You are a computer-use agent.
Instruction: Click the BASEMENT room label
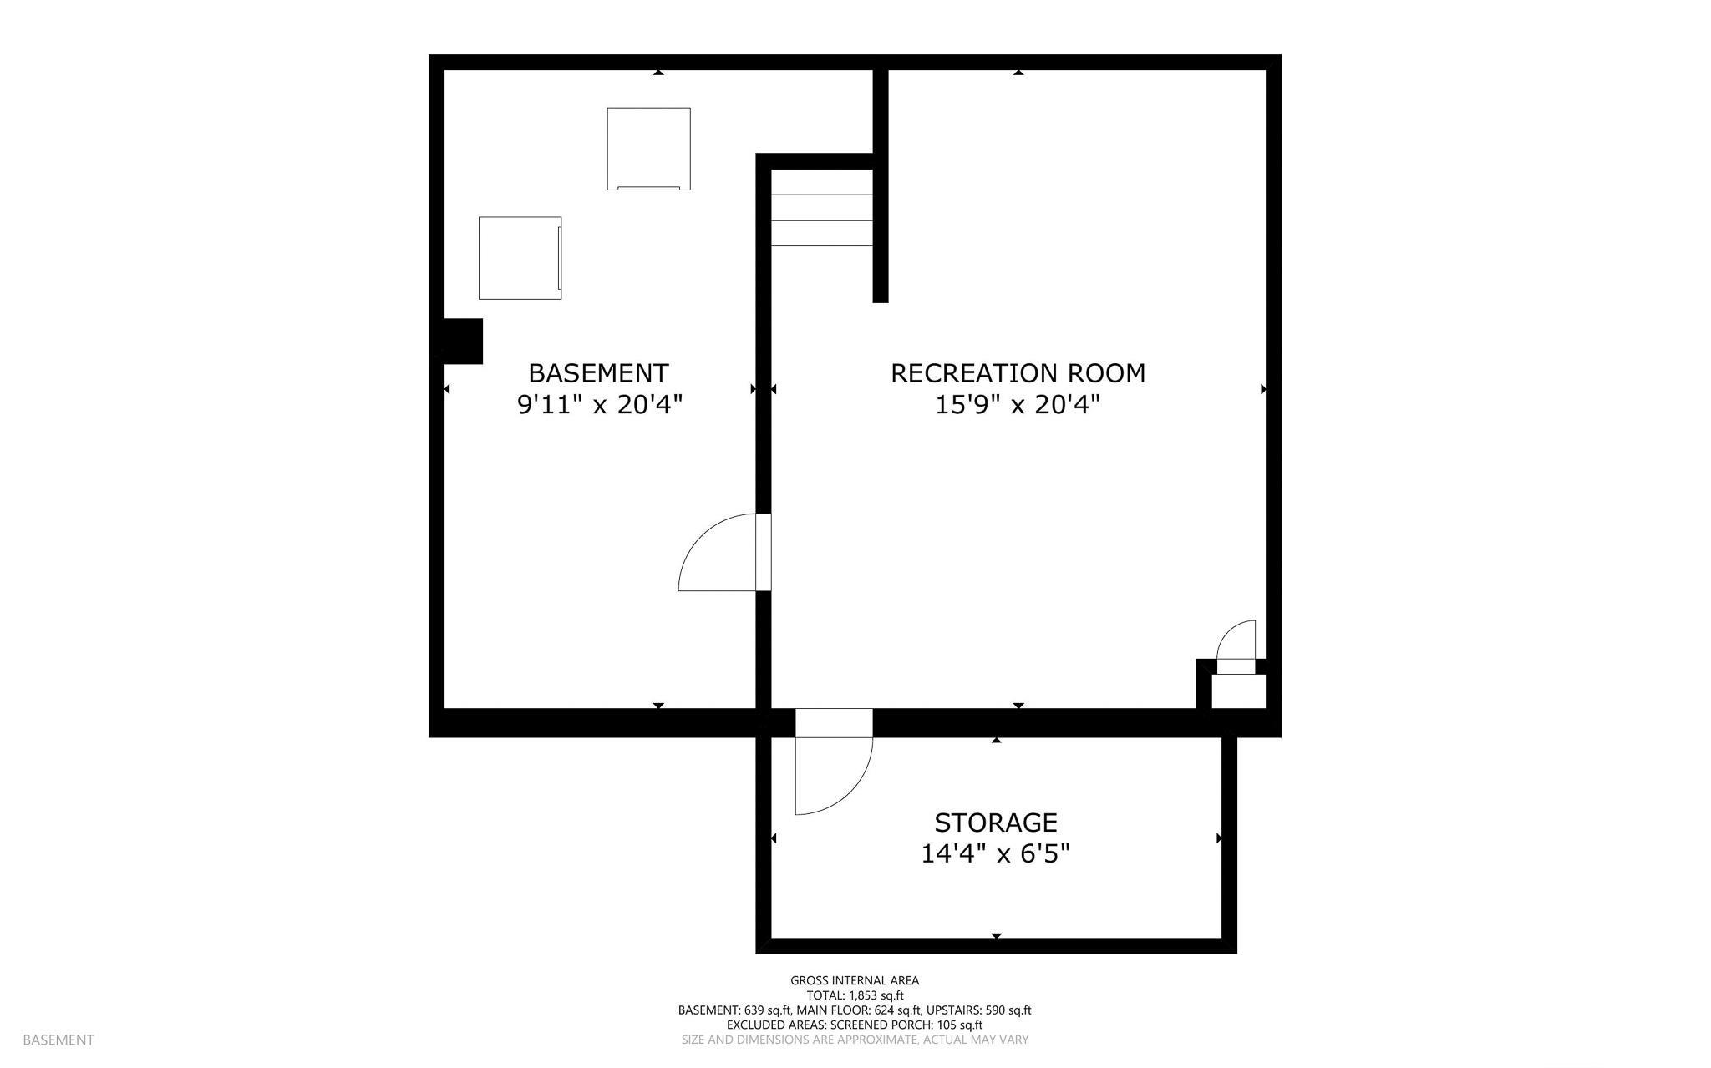point(598,372)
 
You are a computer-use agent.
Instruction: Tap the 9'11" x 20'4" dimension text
point(600,405)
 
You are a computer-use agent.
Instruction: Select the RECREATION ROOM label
point(1018,373)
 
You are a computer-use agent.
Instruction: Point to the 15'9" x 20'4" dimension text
point(1017,405)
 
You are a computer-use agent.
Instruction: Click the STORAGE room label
point(995,823)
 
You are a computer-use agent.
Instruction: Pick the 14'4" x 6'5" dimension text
point(995,854)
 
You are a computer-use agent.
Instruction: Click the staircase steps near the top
point(821,220)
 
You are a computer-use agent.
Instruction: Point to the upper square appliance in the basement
point(648,149)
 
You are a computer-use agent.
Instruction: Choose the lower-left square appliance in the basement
point(520,258)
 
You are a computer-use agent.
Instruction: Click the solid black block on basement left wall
point(462,341)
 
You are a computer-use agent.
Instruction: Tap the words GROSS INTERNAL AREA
point(855,980)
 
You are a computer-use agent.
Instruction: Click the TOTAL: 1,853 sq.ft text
point(855,995)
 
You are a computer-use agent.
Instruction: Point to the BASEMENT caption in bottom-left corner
point(58,1040)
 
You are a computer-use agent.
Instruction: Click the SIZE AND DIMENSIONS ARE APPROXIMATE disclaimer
point(855,1040)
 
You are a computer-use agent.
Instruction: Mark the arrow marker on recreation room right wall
point(1263,389)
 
